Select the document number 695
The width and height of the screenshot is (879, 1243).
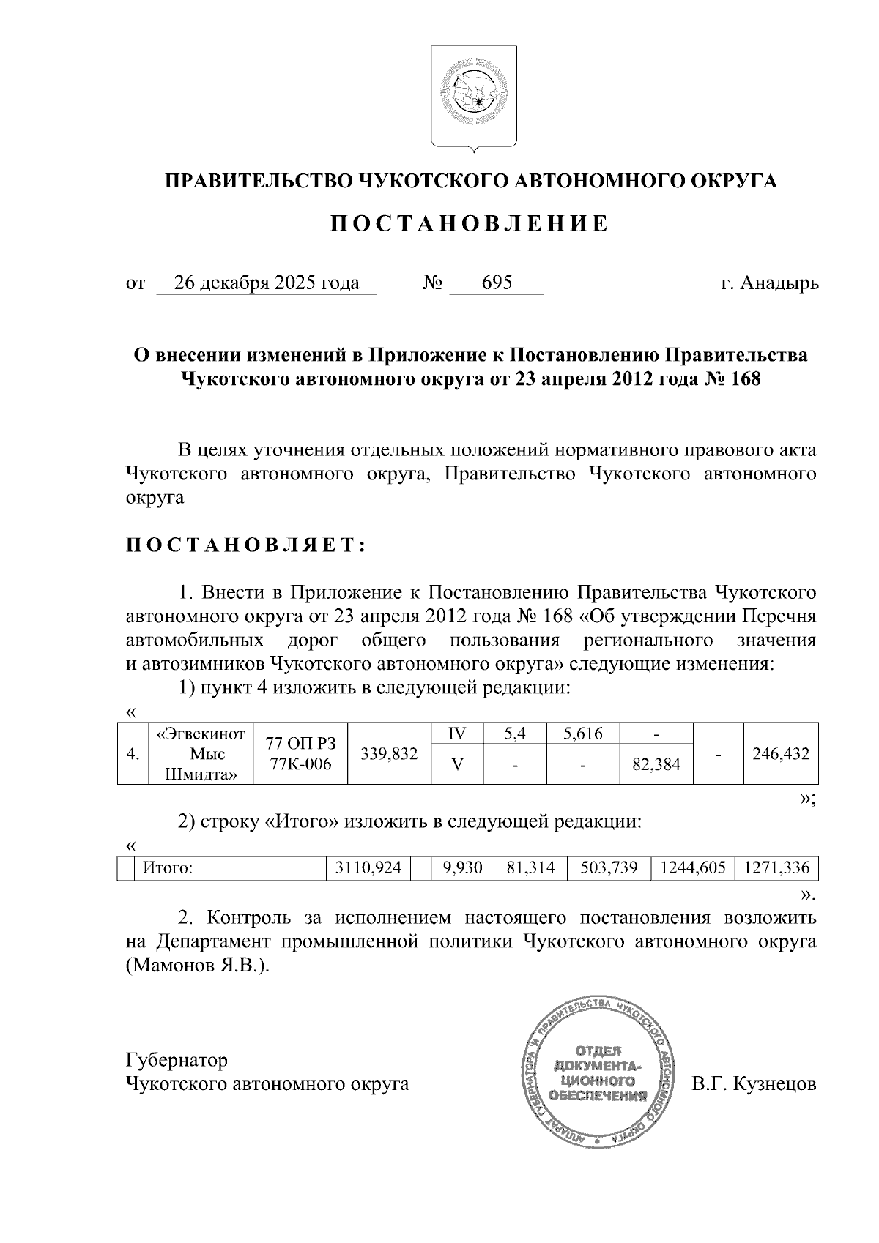click(x=497, y=283)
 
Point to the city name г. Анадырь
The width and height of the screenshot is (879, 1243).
click(x=769, y=283)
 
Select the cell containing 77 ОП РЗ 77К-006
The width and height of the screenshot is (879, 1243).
click(x=300, y=754)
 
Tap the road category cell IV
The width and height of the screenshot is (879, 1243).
click(x=457, y=734)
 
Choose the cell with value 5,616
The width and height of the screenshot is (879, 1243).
click(x=582, y=734)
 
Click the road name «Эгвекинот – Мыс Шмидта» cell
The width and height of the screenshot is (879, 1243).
click(x=201, y=754)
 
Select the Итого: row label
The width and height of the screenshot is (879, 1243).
click(x=167, y=868)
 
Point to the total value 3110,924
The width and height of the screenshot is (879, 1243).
click(x=368, y=868)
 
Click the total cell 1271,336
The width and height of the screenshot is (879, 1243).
click(x=776, y=868)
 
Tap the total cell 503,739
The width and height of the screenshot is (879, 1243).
click(x=609, y=868)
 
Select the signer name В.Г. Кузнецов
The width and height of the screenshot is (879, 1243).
click(x=754, y=1084)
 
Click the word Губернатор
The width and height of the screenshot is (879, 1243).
click(x=177, y=1060)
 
